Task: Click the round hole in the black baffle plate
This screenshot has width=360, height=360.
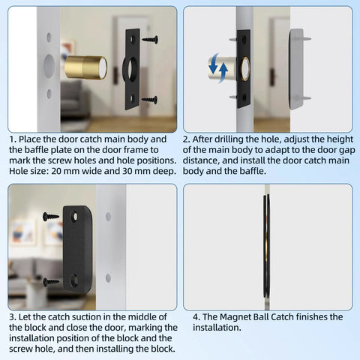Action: pos(133,68)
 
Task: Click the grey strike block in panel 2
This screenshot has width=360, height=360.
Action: pos(295,67)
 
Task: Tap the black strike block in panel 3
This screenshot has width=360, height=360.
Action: pos(77,248)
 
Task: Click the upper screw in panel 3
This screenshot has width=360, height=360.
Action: pos(51,216)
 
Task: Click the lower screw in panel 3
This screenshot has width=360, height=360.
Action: pos(51,282)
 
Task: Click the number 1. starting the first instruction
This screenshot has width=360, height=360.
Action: pos(13,139)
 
